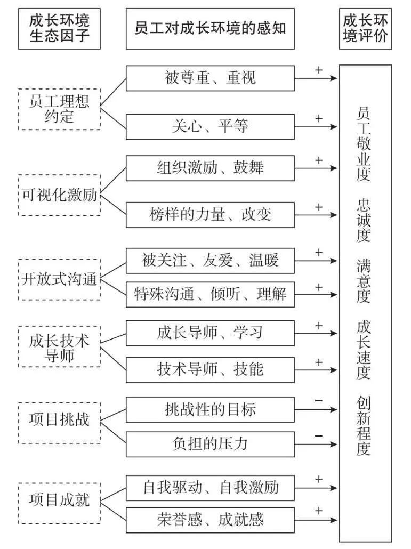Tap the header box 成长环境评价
point(365,29)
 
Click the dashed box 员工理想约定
point(59,109)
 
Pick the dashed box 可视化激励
point(59,195)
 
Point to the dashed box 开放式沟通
point(59,278)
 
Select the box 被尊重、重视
point(210,78)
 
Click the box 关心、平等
point(210,127)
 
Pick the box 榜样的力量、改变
point(210,215)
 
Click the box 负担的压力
point(210,443)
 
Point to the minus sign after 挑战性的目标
point(319,400)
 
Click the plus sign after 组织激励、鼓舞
point(319,160)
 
